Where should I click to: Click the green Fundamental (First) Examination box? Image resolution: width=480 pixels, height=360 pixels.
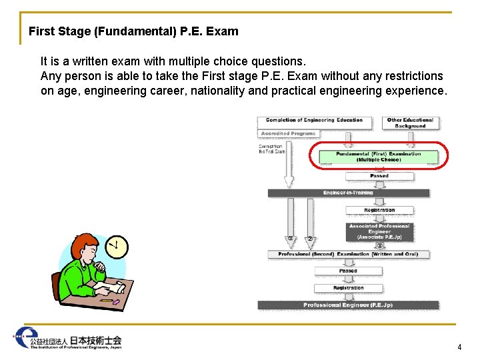coord(379,157)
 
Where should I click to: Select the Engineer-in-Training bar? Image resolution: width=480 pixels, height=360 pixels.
coord(349,193)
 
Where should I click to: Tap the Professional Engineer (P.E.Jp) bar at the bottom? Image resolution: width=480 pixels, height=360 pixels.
coord(349,305)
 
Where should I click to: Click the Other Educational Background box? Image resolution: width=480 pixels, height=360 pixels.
coord(410,123)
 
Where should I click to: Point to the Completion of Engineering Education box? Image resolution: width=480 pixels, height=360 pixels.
coord(314,121)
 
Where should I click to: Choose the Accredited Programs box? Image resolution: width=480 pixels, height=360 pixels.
coord(287,133)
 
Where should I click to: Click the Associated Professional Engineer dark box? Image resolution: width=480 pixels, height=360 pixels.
coord(379,231)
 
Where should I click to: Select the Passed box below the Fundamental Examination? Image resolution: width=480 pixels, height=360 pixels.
coord(379,176)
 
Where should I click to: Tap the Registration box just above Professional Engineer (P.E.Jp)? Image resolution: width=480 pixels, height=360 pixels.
coord(349,288)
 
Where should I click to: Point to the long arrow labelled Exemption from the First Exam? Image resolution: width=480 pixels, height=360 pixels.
coord(289,167)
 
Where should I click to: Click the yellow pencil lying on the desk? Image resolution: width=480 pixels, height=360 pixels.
coord(105,300)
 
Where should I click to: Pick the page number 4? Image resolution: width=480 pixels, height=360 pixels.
coord(459,347)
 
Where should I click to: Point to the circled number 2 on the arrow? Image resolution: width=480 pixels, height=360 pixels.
coord(310,238)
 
